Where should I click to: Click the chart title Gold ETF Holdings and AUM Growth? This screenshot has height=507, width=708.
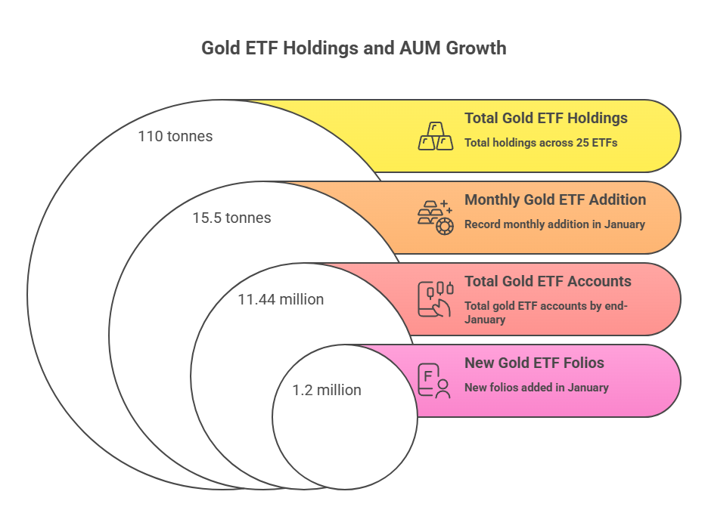[353, 48]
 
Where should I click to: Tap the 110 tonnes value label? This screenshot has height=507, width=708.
[175, 137]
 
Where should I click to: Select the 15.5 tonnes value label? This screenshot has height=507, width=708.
[231, 218]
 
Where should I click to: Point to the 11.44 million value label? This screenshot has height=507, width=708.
[281, 299]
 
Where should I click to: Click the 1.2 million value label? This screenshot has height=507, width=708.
[327, 390]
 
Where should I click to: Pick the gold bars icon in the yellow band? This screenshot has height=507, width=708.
[436, 136]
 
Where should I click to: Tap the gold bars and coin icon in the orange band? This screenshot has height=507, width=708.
[435, 218]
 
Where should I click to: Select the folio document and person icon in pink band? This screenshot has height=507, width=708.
[433, 380]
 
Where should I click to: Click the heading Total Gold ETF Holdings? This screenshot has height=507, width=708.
[545, 118]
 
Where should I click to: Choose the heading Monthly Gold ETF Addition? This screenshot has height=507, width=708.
[554, 199]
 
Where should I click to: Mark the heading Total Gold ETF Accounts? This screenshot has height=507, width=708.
[548, 281]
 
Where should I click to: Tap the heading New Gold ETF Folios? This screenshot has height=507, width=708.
[534, 363]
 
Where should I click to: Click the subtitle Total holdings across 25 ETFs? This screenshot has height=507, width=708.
[541, 142]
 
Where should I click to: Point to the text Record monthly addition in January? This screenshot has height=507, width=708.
[554, 224]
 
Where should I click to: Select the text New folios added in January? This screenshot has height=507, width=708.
[536, 387]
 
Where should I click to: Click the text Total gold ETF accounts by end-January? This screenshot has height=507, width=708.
[545, 312]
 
